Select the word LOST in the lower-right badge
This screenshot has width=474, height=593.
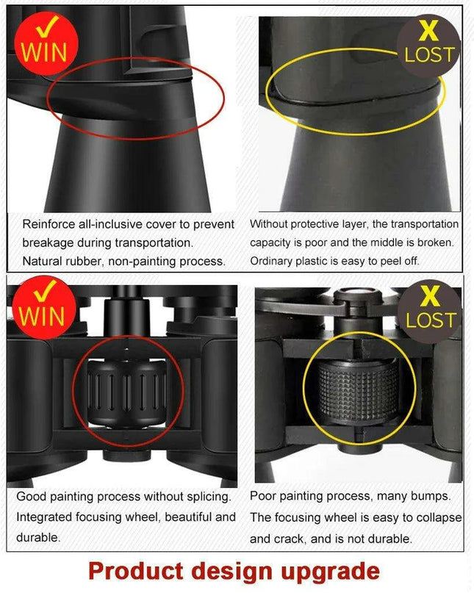pos(431,320)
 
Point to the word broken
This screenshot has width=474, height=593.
pos(434,242)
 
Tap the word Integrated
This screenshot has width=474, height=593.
pos(46,517)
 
